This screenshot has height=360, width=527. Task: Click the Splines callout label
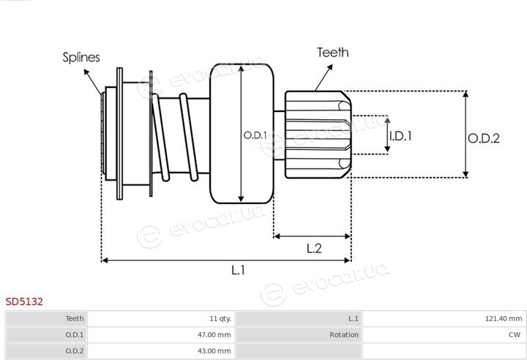click(81, 57)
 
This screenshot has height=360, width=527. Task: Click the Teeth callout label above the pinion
click(333, 53)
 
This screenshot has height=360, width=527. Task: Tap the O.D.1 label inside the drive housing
click(255, 135)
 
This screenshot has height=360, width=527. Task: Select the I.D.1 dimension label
click(400, 136)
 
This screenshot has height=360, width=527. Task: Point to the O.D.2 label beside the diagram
click(484, 138)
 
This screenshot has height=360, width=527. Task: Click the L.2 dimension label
click(314, 248)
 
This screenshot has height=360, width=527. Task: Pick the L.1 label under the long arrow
click(239, 269)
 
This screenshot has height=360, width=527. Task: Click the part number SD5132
click(24, 301)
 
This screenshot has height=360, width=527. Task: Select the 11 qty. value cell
click(220, 318)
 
